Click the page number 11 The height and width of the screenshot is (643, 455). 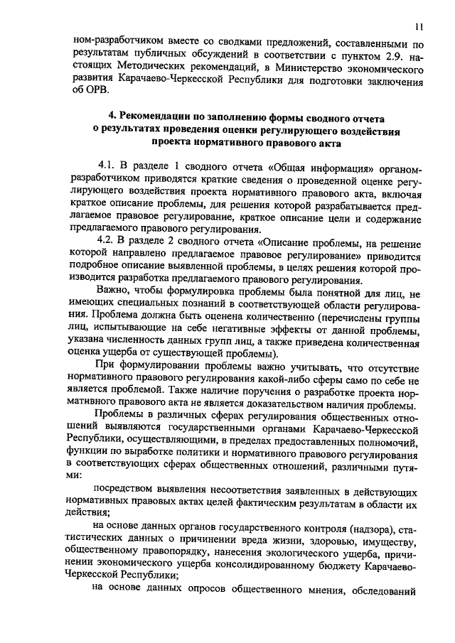(419, 28)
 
